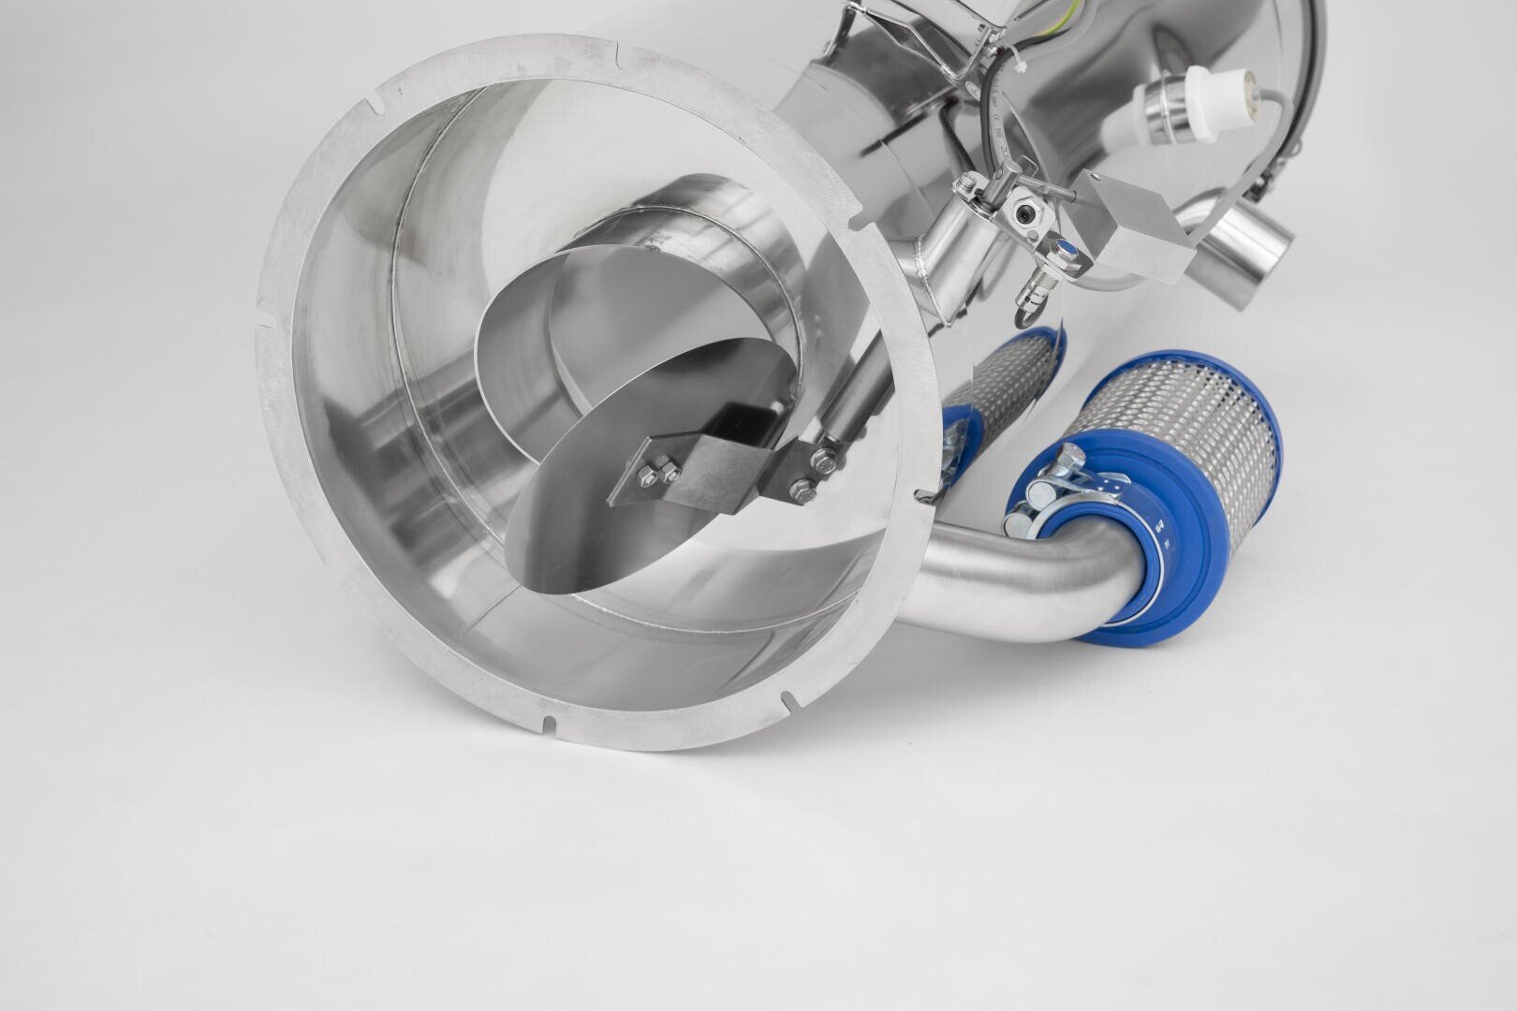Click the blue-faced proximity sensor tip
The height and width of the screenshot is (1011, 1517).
tap(1066, 249)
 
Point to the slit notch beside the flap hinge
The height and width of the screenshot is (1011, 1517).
tap(923, 496)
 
